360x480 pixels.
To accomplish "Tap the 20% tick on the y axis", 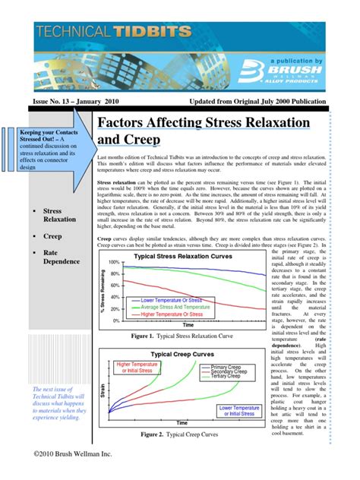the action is (x=115, y=310).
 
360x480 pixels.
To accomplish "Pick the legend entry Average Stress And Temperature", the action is (x=183, y=307).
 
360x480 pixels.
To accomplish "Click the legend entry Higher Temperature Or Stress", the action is (x=182, y=313).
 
